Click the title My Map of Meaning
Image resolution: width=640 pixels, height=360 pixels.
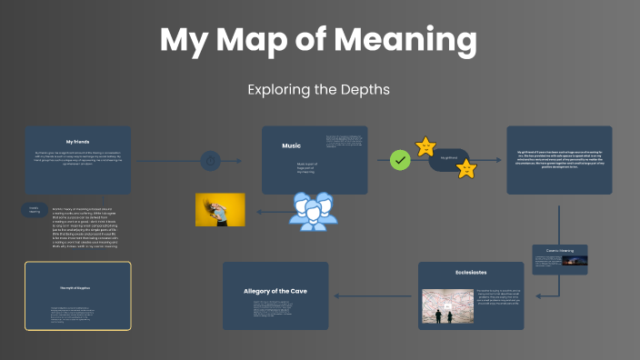[319, 40]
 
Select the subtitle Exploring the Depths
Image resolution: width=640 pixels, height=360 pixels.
[318, 90]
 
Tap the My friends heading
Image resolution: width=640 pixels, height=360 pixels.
[78, 142]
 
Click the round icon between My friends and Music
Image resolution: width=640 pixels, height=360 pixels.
[211, 161]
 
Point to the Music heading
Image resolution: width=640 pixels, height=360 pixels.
[291, 145]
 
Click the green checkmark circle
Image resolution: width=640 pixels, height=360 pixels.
[399, 161]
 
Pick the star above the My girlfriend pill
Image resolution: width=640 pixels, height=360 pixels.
[425, 145]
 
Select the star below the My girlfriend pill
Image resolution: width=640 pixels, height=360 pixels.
[465, 168]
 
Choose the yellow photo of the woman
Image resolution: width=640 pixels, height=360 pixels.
[220, 209]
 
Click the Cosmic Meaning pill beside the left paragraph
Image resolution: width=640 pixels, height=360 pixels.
[34, 210]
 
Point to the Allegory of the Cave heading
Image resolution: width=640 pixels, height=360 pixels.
[275, 291]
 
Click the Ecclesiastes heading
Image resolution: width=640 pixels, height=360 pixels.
[471, 272]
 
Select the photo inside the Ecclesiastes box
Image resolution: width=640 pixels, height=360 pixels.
[445, 306]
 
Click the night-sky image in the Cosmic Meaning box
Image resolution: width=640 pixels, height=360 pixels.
[575, 261]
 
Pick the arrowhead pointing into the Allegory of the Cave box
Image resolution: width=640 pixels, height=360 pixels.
[336, 295]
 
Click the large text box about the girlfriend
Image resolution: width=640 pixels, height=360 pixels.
[559, 160]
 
